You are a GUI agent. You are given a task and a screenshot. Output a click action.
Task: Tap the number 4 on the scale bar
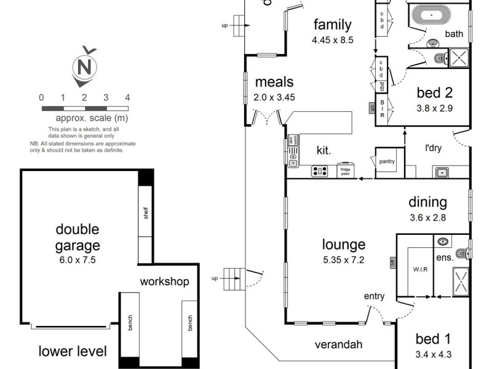click(x=127, y=97)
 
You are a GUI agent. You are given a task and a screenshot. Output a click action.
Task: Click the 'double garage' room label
click(x=77, y=237)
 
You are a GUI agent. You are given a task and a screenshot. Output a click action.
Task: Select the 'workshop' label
click(x=164, y=282)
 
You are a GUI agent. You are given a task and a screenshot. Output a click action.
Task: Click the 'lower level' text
click(x=73, y=352)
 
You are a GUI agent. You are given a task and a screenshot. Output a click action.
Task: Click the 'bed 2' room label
click(x=435, y=93)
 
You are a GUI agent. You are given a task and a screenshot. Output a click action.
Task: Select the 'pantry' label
click(x=387, y=162)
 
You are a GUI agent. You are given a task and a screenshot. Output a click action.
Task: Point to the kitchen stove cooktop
click(x=320, y=172)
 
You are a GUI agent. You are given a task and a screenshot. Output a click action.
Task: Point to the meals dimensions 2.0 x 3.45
click(x=274, y=97)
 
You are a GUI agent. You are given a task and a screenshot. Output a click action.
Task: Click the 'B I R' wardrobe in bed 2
click(x=382, y=109)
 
